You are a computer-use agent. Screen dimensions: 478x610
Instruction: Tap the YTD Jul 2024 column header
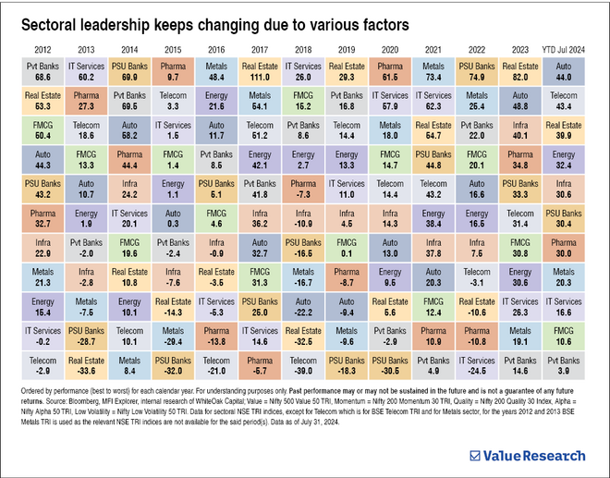tap(563, 49)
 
